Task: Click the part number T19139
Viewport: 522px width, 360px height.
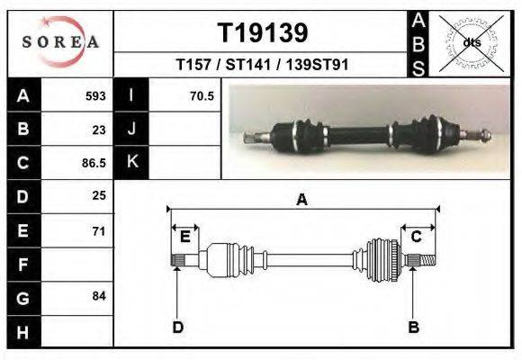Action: [x=263, y=33]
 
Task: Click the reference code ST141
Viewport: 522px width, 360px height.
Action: [x=248, y=65]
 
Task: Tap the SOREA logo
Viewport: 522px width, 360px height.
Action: [x=60, y=41]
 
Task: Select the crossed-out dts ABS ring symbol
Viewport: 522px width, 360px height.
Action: [x=472, y=43]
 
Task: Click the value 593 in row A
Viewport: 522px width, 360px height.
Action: [x=95, y=96]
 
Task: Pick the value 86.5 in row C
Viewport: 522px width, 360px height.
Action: [x=94, y=163]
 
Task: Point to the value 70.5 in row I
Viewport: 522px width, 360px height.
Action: [x=202, y=96]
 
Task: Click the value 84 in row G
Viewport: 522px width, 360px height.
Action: [x=99, y=296]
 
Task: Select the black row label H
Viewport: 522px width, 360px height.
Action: [x=24, y=332]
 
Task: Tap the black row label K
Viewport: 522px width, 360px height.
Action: [x=131, y=162]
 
